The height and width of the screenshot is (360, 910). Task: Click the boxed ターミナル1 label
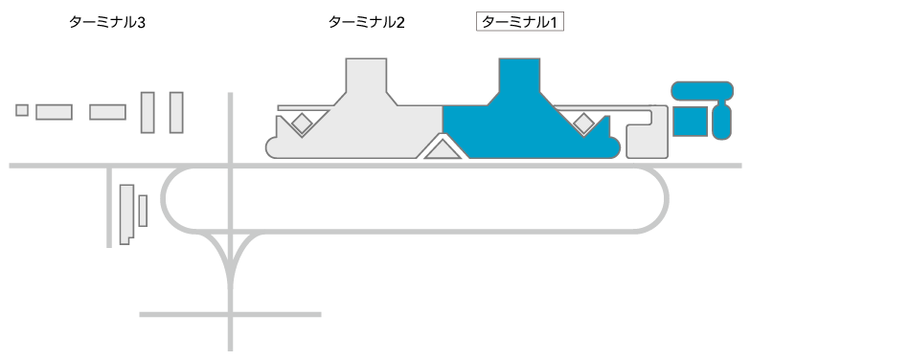(519, 21)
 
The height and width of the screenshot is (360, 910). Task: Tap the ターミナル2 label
(366, 21)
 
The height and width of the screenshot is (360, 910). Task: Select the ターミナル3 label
(107, 21)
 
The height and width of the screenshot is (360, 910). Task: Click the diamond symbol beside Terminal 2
(302, 123)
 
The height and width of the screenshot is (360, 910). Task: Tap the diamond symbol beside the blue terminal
(582, 123)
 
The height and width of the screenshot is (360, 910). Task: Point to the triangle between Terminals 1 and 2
(443, 149)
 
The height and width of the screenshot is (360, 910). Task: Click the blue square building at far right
(689, 121)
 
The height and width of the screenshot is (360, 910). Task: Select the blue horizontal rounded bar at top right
(702, 92)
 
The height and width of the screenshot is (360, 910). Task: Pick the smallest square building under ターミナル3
(22, 110)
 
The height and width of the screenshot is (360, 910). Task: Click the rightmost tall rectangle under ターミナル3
(176, 112)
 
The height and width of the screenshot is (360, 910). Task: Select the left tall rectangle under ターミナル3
(148, 112)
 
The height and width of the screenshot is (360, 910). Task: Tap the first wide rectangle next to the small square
(55, 112)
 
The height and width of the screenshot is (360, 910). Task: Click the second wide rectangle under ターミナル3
(108, 112)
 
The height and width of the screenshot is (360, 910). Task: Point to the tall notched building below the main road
(125, 214)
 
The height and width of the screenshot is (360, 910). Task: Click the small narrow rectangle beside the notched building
(143, 211)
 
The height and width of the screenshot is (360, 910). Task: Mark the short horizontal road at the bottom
(230, 313)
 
